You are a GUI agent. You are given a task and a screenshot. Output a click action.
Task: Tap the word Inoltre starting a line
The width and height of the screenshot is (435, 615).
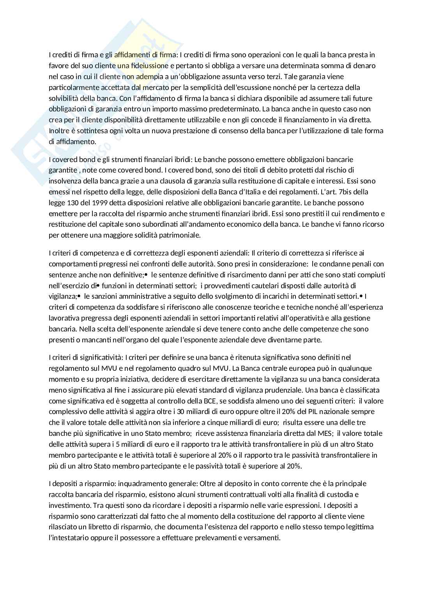point(59,131)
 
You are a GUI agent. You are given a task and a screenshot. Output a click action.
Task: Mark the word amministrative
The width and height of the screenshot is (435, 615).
point(136,296)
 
